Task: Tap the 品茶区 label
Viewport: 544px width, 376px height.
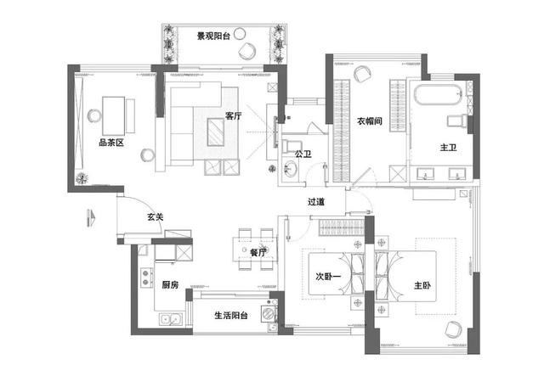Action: pos(111,143)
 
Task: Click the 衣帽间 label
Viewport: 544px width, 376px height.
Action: pos(368,121)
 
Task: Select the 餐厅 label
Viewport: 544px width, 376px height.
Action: pos(258,252)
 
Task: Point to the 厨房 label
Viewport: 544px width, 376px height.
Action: pos(170,285)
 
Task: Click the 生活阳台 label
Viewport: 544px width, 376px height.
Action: pos(229,315)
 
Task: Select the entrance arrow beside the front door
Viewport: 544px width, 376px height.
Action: pos(91,216)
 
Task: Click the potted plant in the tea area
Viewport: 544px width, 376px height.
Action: pos(82,178)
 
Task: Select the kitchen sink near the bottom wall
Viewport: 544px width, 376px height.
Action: pos(168,320)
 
